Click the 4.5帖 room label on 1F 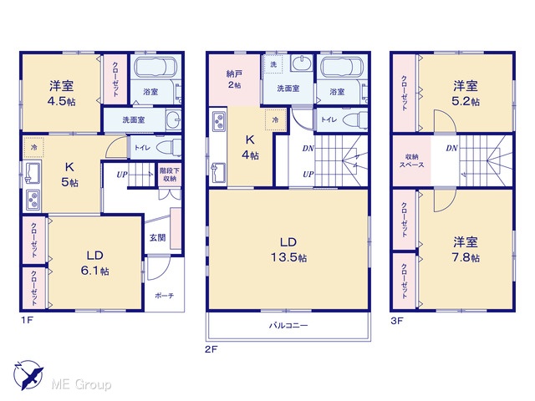click(61, 101)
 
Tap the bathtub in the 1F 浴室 click(155, 67)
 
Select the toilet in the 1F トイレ click(169, 147)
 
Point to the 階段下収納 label click(170, 175)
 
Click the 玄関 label click(158, 237)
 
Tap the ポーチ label click(165, 295)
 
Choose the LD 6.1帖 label click(94, 263)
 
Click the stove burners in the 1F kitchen click(33, 200)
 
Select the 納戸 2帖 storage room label click(234, 79)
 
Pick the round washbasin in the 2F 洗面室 click(302, 63)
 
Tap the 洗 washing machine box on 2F click(273, 63)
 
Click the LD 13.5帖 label click(288, 250)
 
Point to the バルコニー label click(288, 325)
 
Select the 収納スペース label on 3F click(412, 160)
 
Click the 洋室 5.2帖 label click(466, 93)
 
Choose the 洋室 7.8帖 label click(466, 250)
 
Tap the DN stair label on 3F click(451, 148)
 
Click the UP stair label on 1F click(122, 175)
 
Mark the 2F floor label click(211, 349)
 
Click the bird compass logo click(28, 375)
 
